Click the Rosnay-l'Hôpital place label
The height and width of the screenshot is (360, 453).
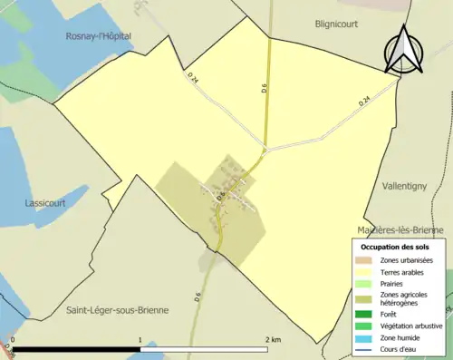[99, 35]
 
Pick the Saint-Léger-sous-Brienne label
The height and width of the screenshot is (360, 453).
[118, 309]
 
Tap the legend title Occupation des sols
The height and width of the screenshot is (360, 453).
[398, 247]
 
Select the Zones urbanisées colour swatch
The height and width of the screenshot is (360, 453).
[364, 260]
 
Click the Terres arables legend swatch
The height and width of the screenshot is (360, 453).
[364, 272]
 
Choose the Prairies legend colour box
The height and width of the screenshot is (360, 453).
[364, 284]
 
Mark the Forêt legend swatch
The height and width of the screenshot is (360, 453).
[364, 315]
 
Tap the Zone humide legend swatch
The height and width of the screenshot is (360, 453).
[364, 338]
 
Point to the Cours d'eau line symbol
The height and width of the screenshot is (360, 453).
[364, 350]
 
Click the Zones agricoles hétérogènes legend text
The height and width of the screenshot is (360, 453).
[406, 299]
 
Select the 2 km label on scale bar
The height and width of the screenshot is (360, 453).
[273, 339]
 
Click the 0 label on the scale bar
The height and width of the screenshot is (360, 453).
[13, 339]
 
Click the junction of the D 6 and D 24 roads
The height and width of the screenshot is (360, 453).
[265, 148]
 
